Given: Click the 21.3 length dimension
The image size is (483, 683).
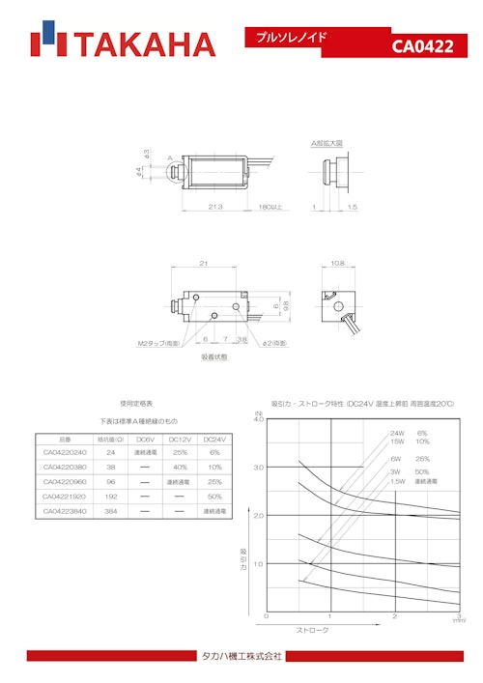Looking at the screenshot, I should click(x=215, y=207).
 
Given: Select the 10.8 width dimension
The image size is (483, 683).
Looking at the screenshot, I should click(x=337, y=263).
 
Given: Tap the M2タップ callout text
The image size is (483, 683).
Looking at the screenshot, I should click(x=157, y=343).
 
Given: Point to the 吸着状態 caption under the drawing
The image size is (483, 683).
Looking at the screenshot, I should click(x=214, y=357).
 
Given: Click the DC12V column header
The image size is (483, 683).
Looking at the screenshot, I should click(x=179, y=439).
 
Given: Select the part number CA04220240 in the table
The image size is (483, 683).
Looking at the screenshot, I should click(x=65, y=452).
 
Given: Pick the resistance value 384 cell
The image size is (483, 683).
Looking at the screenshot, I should click(x=111, y=511).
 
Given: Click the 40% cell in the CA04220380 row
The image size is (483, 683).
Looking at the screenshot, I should click(x=179, y=467).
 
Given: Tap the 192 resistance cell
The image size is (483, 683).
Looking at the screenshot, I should click(x=111, y=497).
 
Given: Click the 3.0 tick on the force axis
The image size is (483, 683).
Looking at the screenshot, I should click(x=258, y=468).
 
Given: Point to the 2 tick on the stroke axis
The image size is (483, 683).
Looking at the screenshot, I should click(x=394, y=616).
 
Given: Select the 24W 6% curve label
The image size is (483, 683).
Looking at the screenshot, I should click(x=409, y=433).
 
